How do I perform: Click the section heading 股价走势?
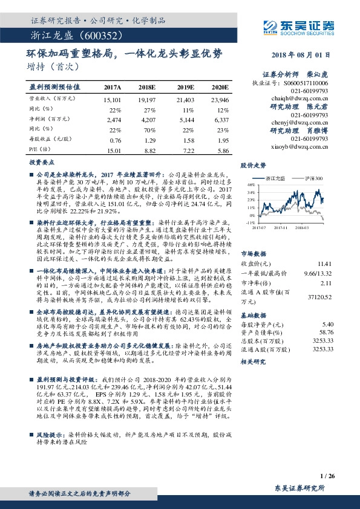254,164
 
